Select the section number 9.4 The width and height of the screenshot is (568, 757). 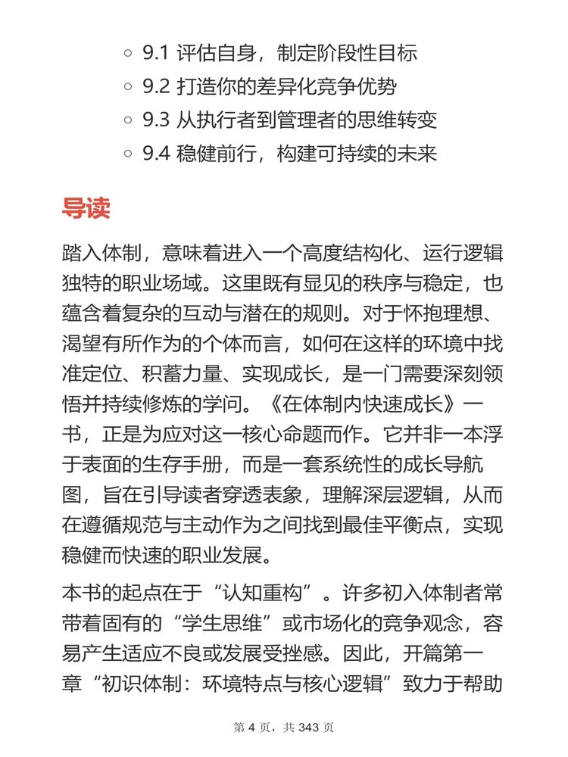[157, 154]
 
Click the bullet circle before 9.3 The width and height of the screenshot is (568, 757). [127, 120]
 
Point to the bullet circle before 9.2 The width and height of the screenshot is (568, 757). [127, 87]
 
